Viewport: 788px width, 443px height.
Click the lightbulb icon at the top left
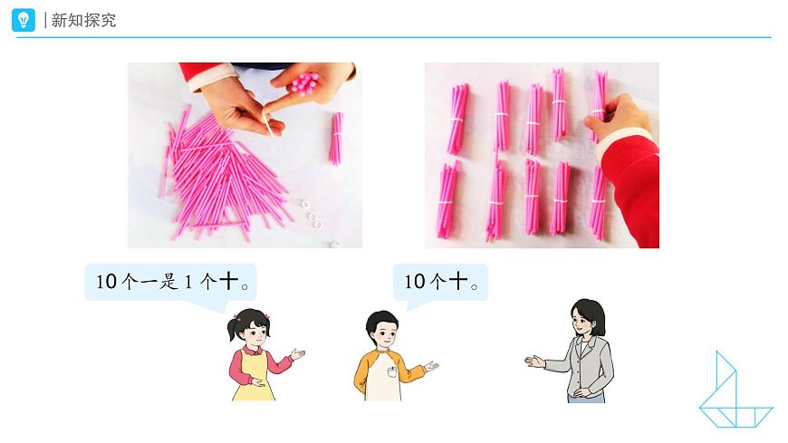tap(24, 20)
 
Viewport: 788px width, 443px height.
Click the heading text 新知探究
tap(83, 20)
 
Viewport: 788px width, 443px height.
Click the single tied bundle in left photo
tap(336, 138)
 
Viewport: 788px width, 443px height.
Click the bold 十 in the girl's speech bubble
tap(230, 282)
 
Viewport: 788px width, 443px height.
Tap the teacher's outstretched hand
tap(535, 361)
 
